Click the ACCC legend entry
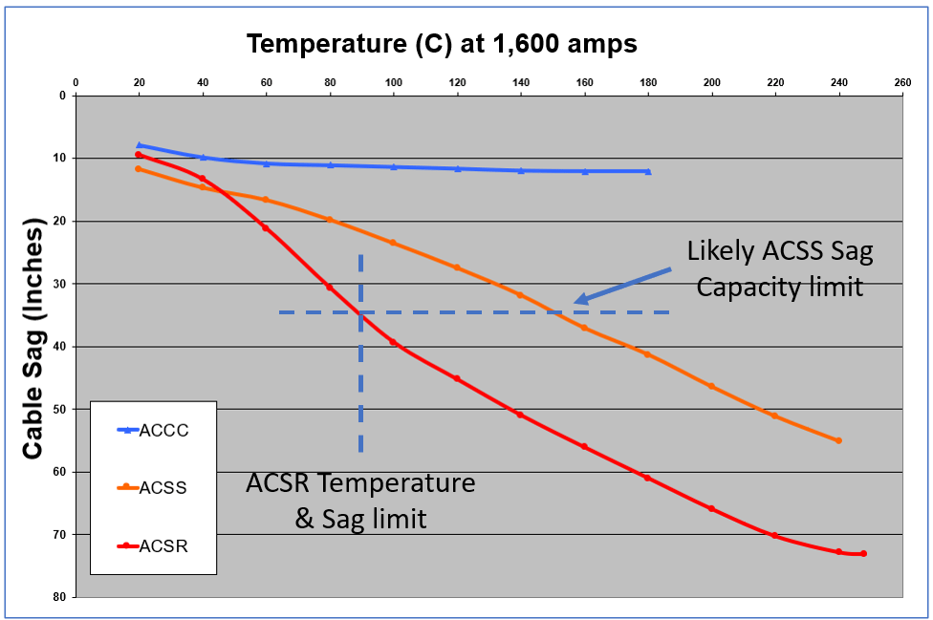163,431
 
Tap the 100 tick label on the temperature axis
393,81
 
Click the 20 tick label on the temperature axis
139,81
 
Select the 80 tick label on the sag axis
60,597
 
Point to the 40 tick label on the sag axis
60,347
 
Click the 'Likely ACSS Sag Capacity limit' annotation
779,268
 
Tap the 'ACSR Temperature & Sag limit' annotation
360,500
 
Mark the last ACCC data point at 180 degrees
648,172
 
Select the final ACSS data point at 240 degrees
838,440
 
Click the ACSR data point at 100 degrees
393,342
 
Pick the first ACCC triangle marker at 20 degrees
139,145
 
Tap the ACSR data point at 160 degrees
584,447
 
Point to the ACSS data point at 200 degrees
711,386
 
